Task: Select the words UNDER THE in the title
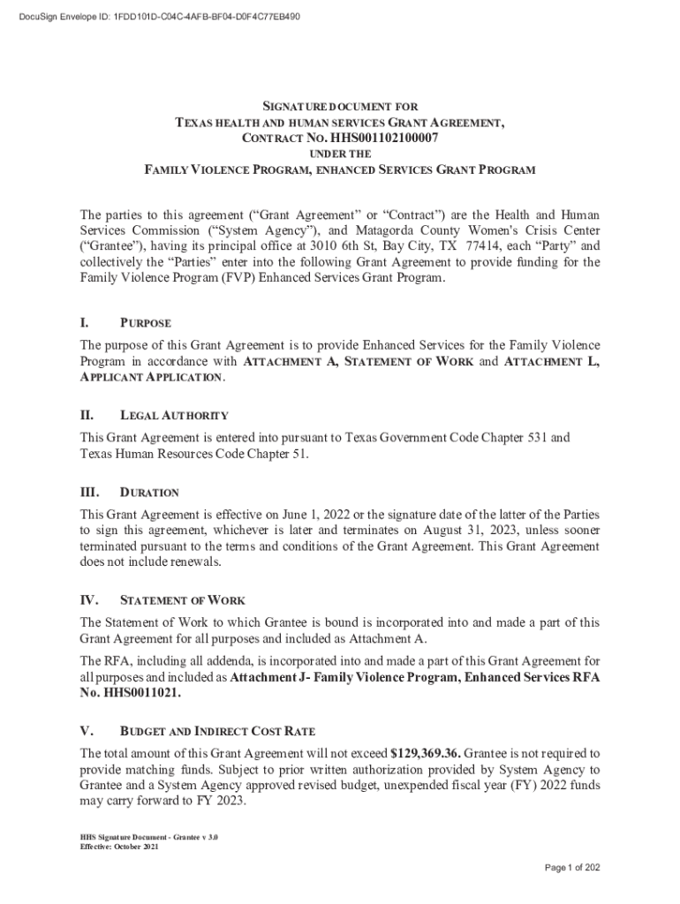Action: click(340, 154)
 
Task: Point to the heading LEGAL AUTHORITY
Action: click(174, 415)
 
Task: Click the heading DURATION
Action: click(149, 493)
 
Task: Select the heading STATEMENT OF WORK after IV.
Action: click(182, 601)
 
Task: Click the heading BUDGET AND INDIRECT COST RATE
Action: click(217, 732)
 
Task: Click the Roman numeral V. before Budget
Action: click(87, 731)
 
